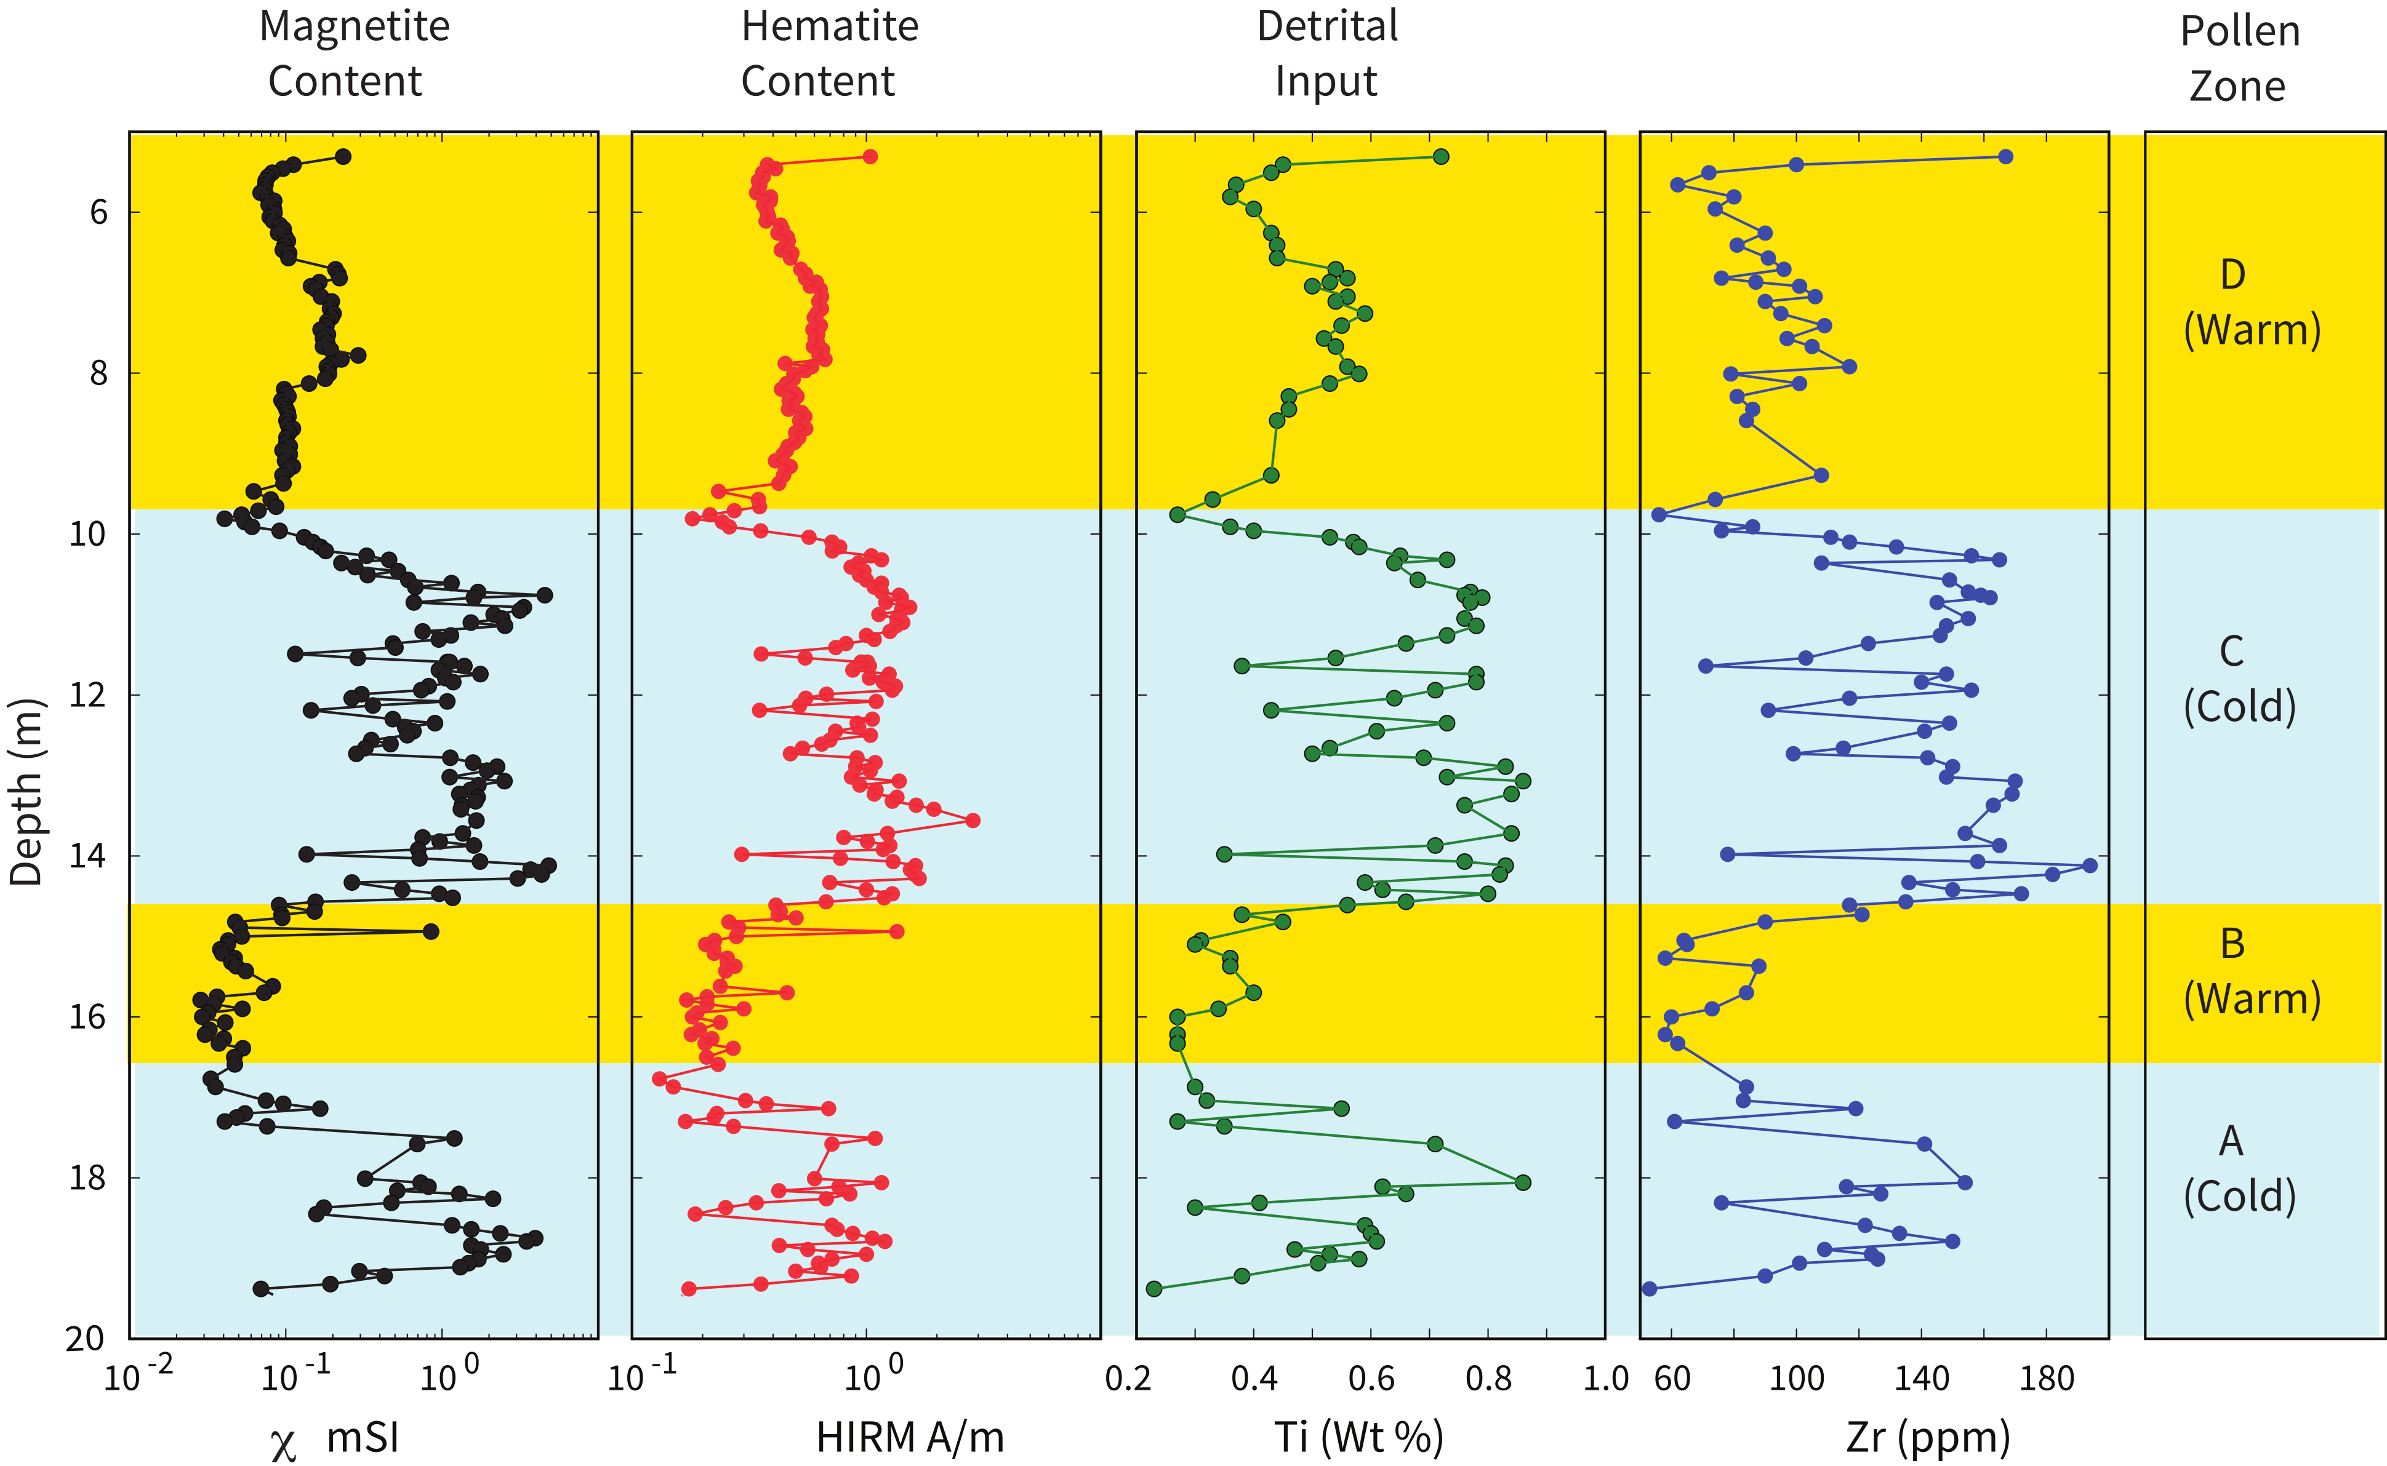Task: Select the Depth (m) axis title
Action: (27, 792)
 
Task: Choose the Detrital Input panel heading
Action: (1327, 54)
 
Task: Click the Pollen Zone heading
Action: (2239, 58)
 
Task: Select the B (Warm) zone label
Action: (2251, 971)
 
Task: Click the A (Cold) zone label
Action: (2239, 1168)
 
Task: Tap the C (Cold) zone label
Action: (2239, 679)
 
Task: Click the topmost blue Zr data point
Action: (2005, 157)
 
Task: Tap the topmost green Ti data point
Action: (1440, 157)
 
